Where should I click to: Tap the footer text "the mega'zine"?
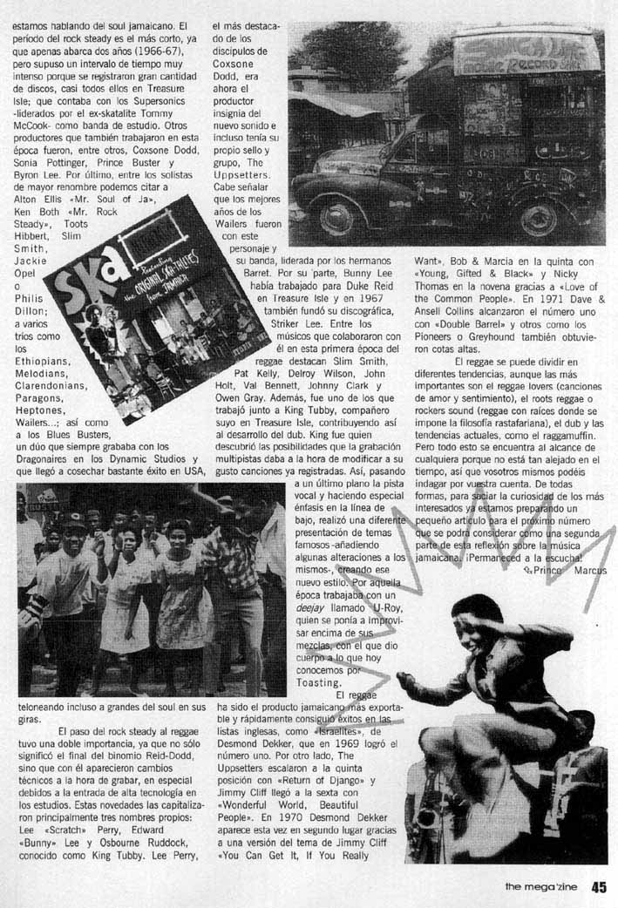[x=543, y=888]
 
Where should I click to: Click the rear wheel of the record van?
[x=540, y=218]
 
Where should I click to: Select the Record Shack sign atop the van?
[x=526, y=54]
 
